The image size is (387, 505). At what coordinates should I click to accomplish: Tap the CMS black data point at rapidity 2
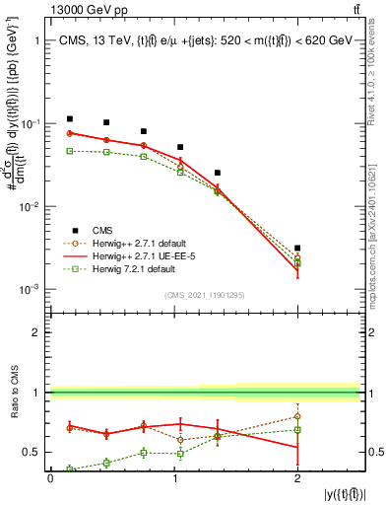pyautogui.click(x=297, y=249)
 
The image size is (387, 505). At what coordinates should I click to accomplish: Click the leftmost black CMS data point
pyautogui.click(x=69, y=118)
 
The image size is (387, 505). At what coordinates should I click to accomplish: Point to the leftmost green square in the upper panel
pyautogui.click(x=69, y=151)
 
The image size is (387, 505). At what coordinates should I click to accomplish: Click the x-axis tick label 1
pyautogui.click(x=173, y=477)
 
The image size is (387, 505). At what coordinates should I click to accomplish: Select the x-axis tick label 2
pyautogui.click(x=297, y=477)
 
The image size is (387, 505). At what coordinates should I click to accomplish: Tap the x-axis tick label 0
pyautogui.click(x=50, y=477)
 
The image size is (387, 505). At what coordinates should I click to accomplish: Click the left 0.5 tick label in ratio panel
pyautogui.click(x=34, y=453)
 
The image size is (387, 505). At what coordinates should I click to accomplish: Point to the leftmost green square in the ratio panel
pyautogui.click(x=69, y=469)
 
